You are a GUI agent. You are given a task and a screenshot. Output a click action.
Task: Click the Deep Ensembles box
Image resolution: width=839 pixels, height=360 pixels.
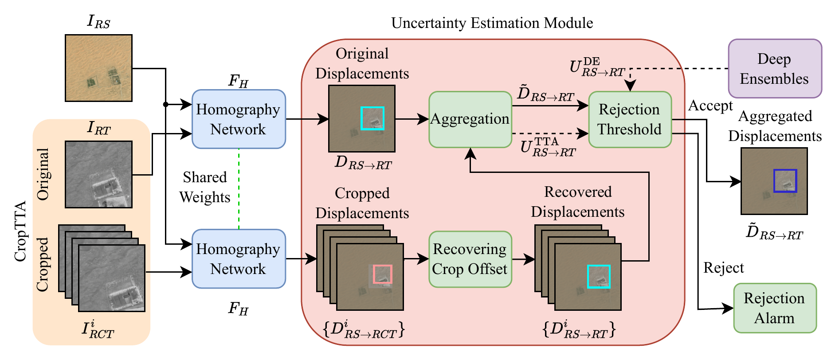774,69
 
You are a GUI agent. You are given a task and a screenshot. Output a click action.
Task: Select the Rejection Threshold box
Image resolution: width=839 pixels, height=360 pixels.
629,119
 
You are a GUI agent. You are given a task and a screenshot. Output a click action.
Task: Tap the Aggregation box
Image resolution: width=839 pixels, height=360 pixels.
470,119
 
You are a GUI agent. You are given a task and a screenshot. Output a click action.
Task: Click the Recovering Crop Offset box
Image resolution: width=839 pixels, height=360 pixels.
470,259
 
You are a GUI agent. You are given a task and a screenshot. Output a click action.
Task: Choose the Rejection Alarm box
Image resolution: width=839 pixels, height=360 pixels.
774,308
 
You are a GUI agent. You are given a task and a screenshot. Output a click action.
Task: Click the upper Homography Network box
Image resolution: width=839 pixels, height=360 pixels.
239,119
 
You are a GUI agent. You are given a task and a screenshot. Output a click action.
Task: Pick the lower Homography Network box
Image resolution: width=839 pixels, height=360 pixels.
239,259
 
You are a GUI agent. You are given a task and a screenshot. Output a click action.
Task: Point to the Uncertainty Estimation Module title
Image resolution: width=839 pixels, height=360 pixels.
492,23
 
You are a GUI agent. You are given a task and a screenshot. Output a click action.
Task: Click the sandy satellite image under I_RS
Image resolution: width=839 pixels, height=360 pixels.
98,68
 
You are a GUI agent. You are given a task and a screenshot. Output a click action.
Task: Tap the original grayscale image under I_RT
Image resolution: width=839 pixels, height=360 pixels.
98,174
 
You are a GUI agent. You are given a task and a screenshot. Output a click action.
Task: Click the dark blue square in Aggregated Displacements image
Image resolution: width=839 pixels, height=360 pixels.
785,181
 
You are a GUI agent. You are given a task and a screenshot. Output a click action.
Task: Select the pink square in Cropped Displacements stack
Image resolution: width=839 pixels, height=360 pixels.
382,274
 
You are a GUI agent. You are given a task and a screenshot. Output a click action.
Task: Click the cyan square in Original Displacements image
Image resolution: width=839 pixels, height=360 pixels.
372,118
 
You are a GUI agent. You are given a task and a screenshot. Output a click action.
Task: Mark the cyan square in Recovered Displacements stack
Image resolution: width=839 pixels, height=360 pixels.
599,277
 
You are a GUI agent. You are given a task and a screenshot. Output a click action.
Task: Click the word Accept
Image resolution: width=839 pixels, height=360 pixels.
710,106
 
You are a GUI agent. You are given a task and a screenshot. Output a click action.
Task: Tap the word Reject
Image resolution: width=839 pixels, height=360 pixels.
723,268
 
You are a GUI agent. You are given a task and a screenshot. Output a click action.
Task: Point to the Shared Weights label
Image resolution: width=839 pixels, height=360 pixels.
205,187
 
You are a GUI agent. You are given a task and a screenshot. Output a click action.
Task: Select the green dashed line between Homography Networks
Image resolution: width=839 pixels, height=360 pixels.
239,188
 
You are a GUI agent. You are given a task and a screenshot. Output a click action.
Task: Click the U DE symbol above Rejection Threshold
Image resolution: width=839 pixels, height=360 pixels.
597,67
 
